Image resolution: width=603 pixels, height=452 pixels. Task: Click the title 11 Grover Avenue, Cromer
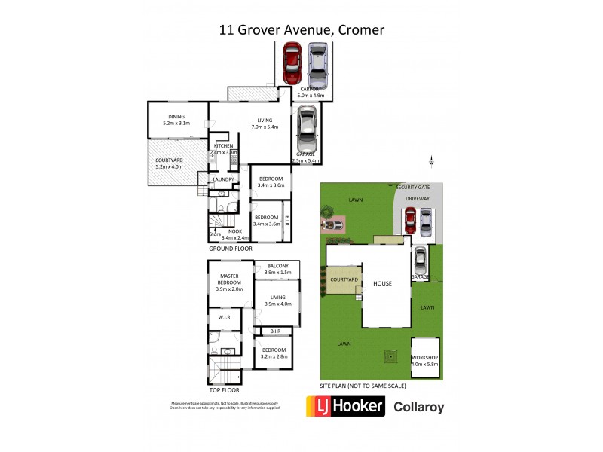tap(301, 31)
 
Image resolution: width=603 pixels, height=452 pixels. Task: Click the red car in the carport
tap(292, 64)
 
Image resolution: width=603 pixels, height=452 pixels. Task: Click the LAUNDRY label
tap(224, 179)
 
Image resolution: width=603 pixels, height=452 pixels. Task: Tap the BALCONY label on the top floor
tap(277, 267)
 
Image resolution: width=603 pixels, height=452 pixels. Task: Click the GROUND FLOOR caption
tap(231, 248)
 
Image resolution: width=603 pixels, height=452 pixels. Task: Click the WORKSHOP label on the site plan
tap(424, 359)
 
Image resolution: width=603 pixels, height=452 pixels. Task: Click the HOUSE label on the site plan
tap(381, 284)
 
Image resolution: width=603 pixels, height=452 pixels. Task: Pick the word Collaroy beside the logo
tap(420, 408)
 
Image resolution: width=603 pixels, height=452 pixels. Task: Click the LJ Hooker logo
tap(346, 408)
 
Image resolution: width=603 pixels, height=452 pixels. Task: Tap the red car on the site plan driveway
tap(410, 220)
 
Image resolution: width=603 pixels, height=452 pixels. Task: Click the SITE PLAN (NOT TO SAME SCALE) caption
tap(363, 386)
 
